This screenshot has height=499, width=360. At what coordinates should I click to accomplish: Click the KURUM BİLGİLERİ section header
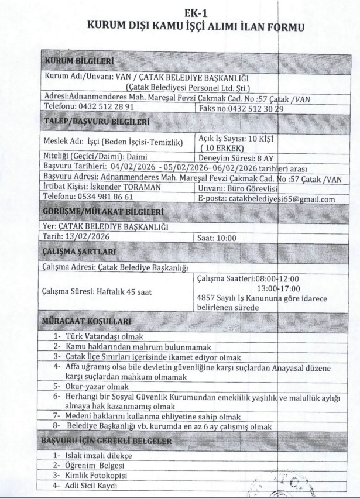pyautogui.click(x=79, y=61)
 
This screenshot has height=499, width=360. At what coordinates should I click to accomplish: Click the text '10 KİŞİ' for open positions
pyautogui.click(x=260, y=138)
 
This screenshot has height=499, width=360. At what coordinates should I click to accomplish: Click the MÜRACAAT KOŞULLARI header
pyautogui.click(x=87, y=321)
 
